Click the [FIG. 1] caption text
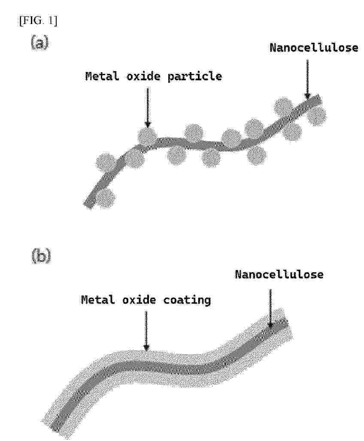38,21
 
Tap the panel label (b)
41,256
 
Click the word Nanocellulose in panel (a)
314,48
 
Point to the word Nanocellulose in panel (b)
279,274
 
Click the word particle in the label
194,76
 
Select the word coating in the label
187,301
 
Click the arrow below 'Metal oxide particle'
147,107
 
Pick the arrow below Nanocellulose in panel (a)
307,79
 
